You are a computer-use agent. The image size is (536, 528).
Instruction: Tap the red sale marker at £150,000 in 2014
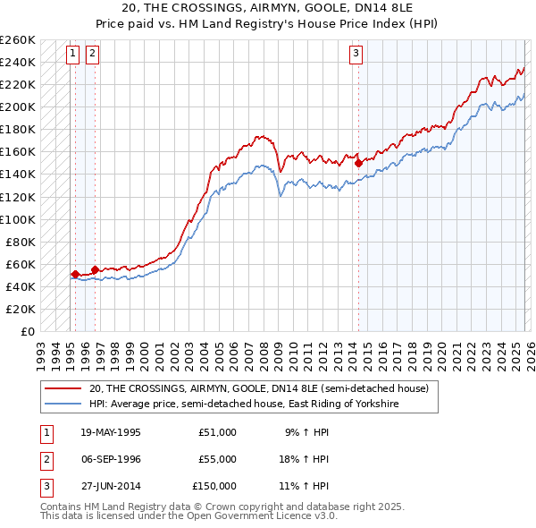pyautogui.click(x=358, y=163)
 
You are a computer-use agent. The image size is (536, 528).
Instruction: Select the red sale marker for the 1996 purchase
pyautogui.click(x=95, y=269)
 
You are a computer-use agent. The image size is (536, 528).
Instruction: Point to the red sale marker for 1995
pyautogui.click(x=75, y=274)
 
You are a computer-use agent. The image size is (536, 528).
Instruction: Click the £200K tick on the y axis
pyautogui.click(x=18, y=106)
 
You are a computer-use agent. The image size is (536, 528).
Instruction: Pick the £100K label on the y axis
pyautogui.click(x=18, y=219)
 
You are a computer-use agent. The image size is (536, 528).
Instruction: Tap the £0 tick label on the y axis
pyautogui.click(x=29, y=331)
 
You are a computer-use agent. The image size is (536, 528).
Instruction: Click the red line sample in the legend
pyautogui.click(x=63, y=388)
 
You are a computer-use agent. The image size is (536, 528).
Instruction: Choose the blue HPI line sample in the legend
pyautogui.click(x=63, y=404)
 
